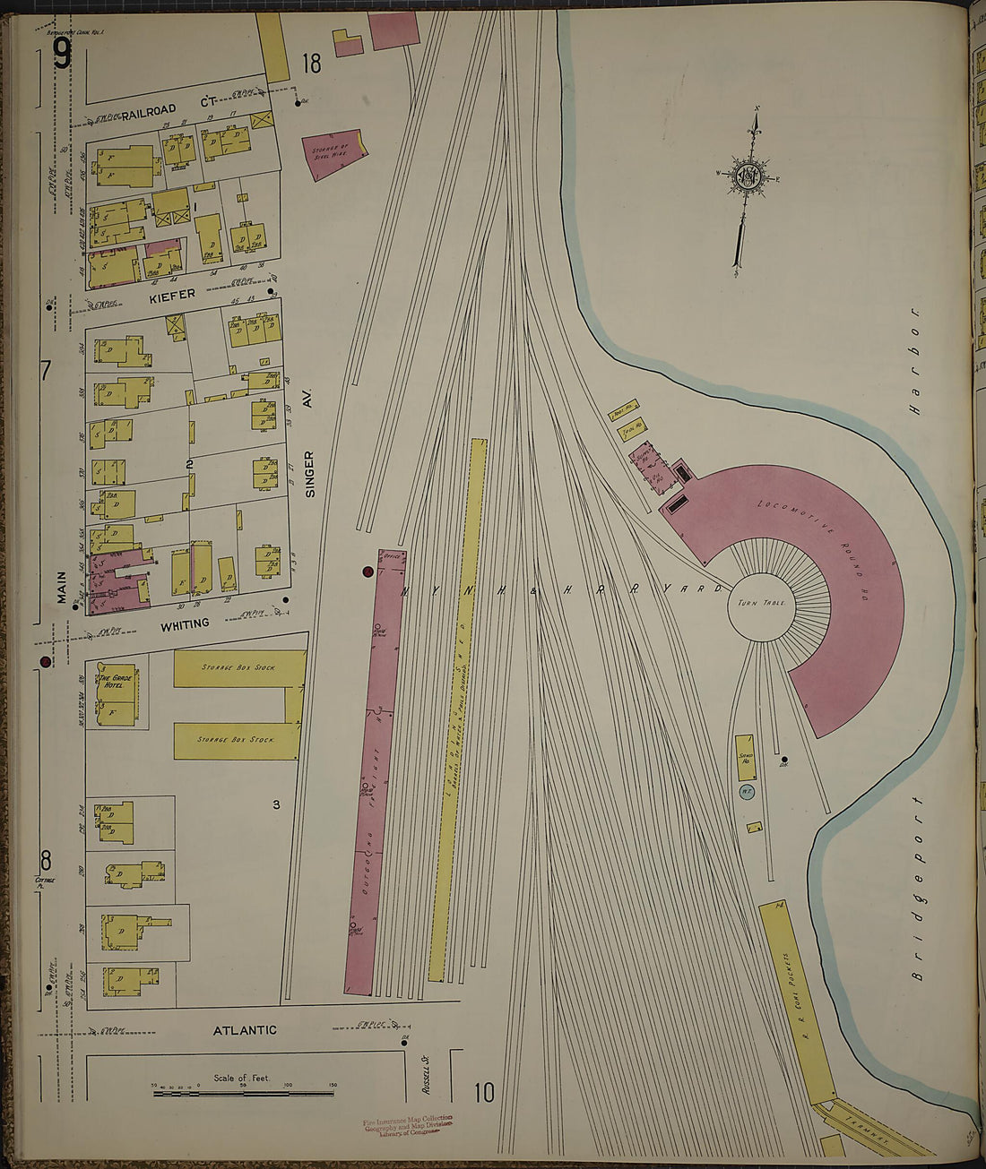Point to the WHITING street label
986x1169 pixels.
tap(185, 623)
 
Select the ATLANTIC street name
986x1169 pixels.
tap(245, 1031)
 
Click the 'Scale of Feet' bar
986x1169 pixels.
tap(242, 1092)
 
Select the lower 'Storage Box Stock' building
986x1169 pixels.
tap(236, 741)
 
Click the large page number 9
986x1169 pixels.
tap(61, 56)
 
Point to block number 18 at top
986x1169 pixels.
tap(311, 64)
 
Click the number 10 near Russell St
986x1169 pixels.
tap(484, 1092)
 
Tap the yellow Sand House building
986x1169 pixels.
tap(745, 758)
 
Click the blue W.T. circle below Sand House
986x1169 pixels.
tap(745, 792)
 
